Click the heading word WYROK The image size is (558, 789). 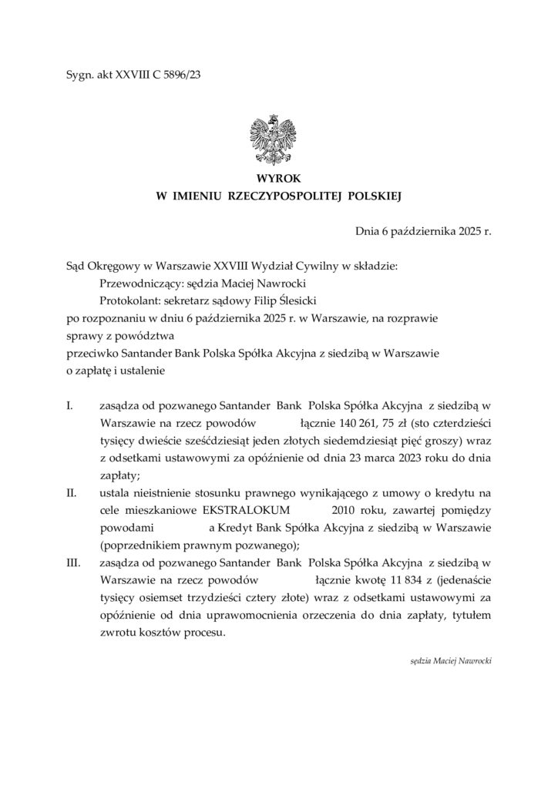click(278, 179)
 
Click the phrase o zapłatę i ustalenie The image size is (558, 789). click(116, 371)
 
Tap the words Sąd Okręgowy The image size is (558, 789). click(100, 265)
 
